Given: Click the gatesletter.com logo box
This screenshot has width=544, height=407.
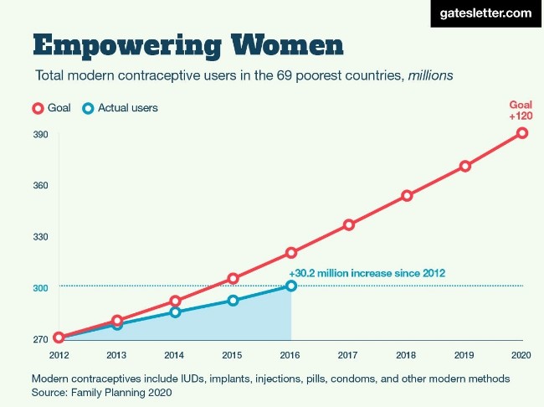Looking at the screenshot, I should tap(485, 13).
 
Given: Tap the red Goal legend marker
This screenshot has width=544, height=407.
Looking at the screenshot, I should tap(38, 108).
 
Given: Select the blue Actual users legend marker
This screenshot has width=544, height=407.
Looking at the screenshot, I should tap(88, 108).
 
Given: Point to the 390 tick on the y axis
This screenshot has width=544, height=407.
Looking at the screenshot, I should tap(40, 135).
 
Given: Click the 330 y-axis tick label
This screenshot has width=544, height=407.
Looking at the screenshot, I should tap(40, 237).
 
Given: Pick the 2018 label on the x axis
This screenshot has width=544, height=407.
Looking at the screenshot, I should tap(407, 354).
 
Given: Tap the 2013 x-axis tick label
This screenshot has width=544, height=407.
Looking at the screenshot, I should tap(117, 354).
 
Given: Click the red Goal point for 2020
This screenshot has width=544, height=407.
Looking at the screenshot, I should tap(522, 132).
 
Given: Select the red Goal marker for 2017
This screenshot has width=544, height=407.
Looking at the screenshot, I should tap(349, 224).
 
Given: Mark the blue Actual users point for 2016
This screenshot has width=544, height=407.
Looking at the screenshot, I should tap(291, 286).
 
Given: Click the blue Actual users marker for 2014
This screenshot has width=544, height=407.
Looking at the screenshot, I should tap(175, 312).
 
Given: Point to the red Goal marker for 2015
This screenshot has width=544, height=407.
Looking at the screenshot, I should tap(234, 278).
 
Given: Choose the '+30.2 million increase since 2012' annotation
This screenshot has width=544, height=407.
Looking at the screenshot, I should tap(367, 273).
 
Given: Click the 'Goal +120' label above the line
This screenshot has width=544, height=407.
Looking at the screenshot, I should tap(521, 111).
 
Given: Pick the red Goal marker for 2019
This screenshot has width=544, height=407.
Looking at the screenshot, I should tap(465, 166).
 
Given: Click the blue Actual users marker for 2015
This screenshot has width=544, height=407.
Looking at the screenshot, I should tap(234, 300).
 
